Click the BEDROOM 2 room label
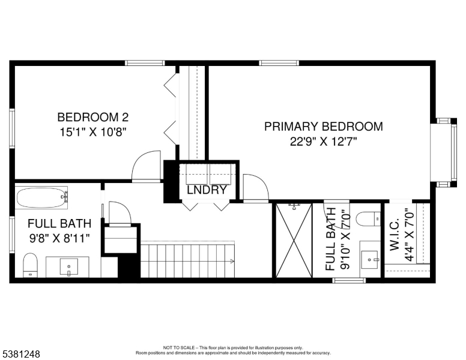(x=92, y=117)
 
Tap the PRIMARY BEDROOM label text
(x=324, y=127)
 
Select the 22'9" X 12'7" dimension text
(x=324, y=142)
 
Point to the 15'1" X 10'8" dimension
(x=92, y=132)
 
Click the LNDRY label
(x=206, y=190)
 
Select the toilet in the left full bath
(x=30, y=264)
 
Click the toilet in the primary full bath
(x=368, y=219)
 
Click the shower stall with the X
(x=294, y=241)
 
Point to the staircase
(x=187, y=259)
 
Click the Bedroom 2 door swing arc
(x=146, y=166)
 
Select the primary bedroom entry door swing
(x=255, y=187)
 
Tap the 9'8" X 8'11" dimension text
(x=59, y=239)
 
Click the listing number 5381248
(x=20, y=354)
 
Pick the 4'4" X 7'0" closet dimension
(x=410, y=233)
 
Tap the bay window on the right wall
(x=443, y=152)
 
